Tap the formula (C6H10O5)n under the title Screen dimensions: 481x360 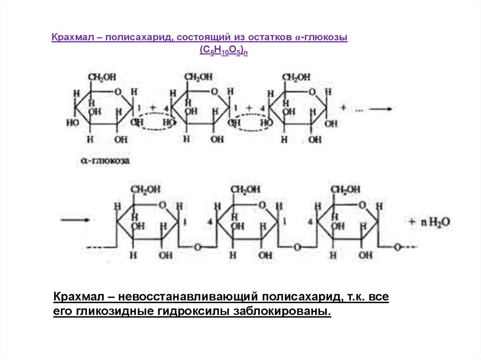(223, 51)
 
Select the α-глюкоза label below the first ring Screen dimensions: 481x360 (105, 161)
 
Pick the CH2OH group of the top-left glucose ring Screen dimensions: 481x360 (101, 77)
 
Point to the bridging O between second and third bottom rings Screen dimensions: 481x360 (297, 247)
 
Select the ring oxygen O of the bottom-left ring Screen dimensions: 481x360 (162, 205)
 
